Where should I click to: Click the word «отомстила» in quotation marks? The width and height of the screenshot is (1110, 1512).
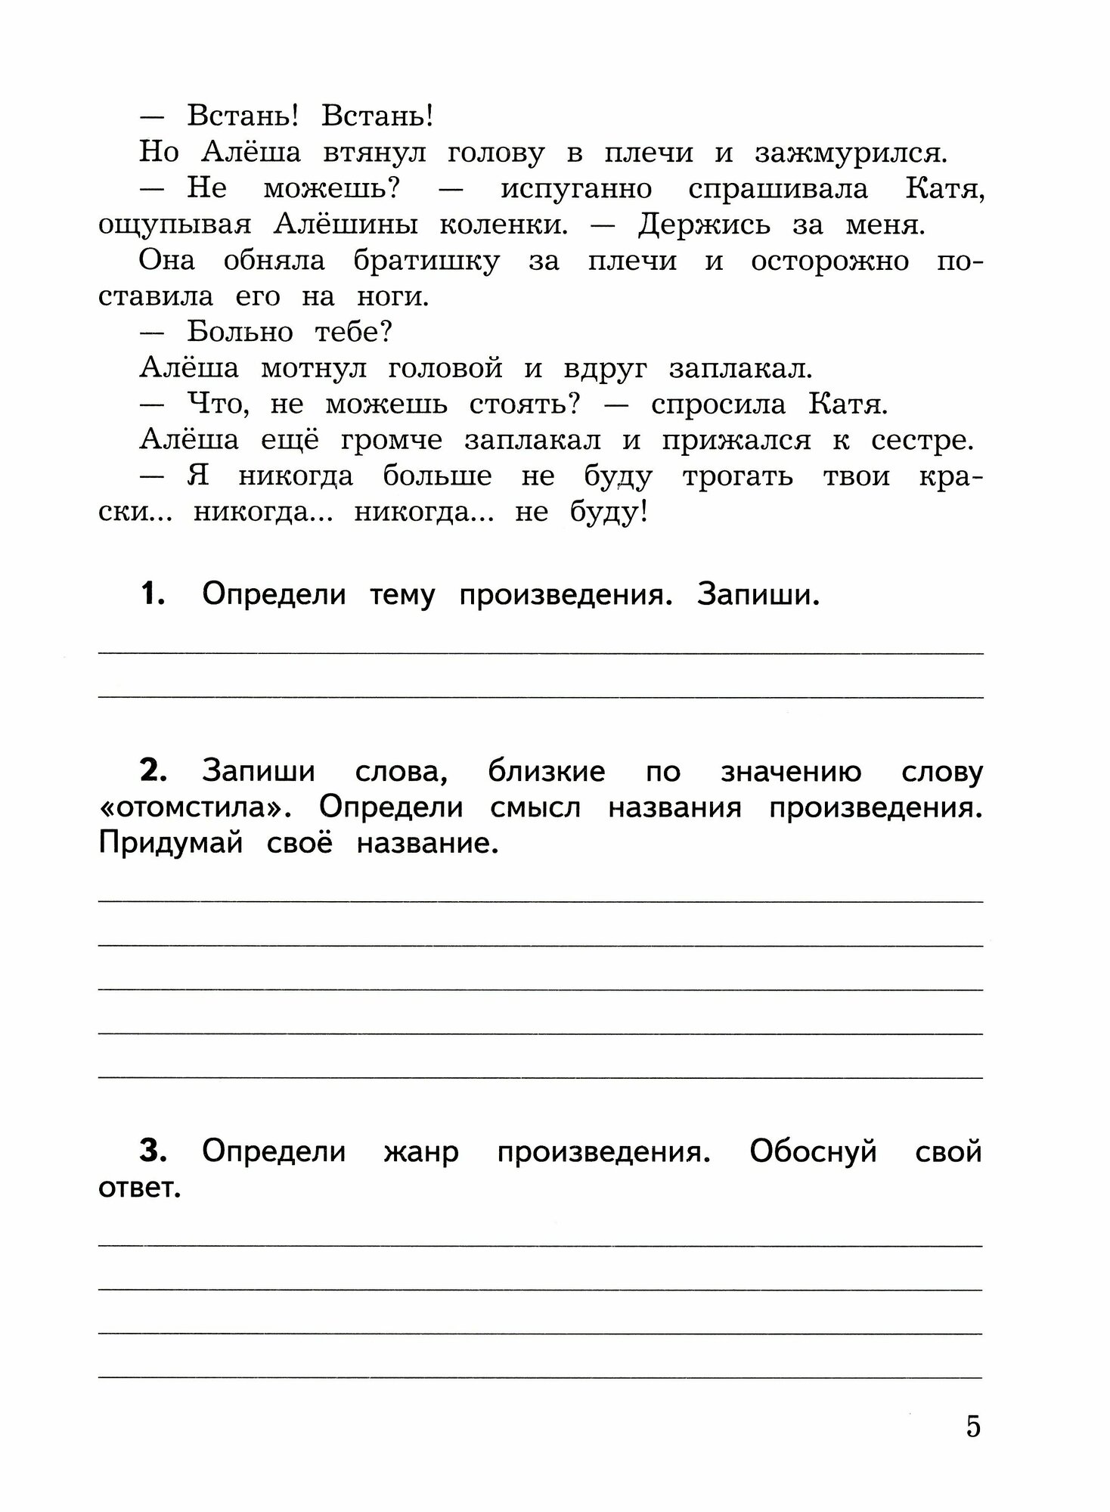coord(200,807)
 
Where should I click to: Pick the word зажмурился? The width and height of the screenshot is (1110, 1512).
coord(850,153)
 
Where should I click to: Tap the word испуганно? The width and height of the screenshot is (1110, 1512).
coord(575,189)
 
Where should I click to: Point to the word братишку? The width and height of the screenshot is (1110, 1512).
coord(426,262)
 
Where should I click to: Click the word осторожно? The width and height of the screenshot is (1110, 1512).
coord(829,262)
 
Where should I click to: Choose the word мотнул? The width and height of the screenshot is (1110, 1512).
coord(312,369)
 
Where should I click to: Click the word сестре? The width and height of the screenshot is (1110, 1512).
coord(921,441)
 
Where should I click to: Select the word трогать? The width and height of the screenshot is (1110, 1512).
coord(737,477)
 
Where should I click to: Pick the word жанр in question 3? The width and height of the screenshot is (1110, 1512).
coord(421,1152)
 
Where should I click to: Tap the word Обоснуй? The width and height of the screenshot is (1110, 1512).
coord(813,1152)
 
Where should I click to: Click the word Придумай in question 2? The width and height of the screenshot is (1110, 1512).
coord(171,844)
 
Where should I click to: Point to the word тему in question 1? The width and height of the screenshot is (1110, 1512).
coord(402,596)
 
